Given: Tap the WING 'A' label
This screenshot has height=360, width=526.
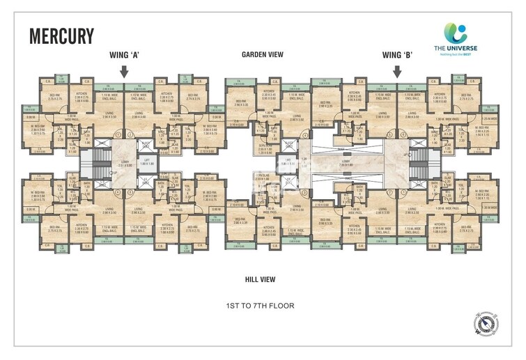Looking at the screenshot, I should coord(125,54).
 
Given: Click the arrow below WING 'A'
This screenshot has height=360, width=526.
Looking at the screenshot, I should coord(124,71).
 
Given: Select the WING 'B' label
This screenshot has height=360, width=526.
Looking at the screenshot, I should coord(397,54).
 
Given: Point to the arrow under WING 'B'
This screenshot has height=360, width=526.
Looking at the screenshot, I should coord(397,71).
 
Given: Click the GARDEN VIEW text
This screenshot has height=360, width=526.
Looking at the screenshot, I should coord(262,54).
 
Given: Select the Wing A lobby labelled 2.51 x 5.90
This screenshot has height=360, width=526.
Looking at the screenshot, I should coord(125,166).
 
